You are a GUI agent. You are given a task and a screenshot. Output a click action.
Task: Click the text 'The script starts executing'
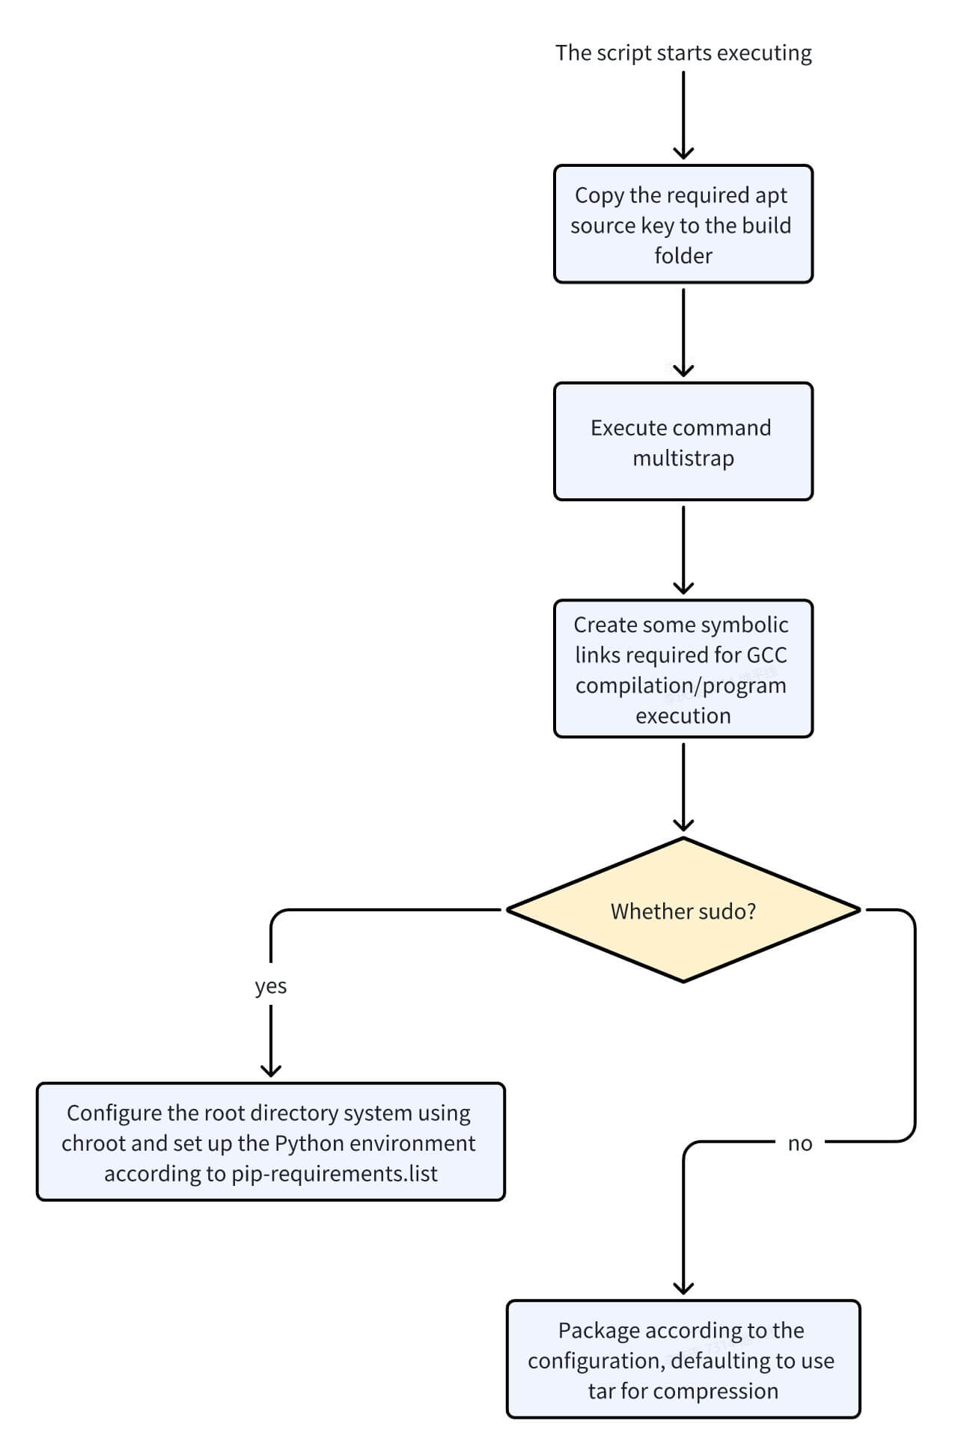pyautogui.click(x=683, y=53)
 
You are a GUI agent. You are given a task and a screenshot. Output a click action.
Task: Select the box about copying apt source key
pyautogui.click(x=683, y=224)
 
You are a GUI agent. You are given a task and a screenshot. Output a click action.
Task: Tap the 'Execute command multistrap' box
pyautogui.click(x=683, y=441)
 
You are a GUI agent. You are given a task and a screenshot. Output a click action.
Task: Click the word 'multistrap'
pyautogui.click(x=683, y=458)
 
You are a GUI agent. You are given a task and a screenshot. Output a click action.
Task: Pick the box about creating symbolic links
pyautogui.click(x=683, y=668)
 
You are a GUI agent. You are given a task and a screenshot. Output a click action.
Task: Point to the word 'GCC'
pyautogui.click(x=766, y=655)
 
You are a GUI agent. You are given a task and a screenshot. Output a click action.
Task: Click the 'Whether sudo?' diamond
pyautogui.click(x=683, y=911)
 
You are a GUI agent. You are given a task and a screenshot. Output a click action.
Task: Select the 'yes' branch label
pyautogui.click(x=270, y=986)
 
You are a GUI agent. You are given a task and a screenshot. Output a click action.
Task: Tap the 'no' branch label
pyautogui.click(x=799, y=1143)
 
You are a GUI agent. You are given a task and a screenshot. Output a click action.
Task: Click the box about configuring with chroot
pyautogui.click(x=270, y=1142)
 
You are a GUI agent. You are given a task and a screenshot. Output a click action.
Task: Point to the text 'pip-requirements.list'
pyautogui.click(x=334, y=1173)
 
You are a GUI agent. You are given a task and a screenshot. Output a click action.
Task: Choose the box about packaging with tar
pyautogui.click(x=683, y=1359)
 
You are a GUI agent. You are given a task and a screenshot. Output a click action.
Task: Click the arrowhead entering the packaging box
pyautogui.click(x=683, y=1288)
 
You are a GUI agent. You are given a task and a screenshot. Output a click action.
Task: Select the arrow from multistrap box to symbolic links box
pyautogui.click(x=683, y=550)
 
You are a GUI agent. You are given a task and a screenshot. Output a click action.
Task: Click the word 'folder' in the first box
pyautogui.click(x=683, y=256)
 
